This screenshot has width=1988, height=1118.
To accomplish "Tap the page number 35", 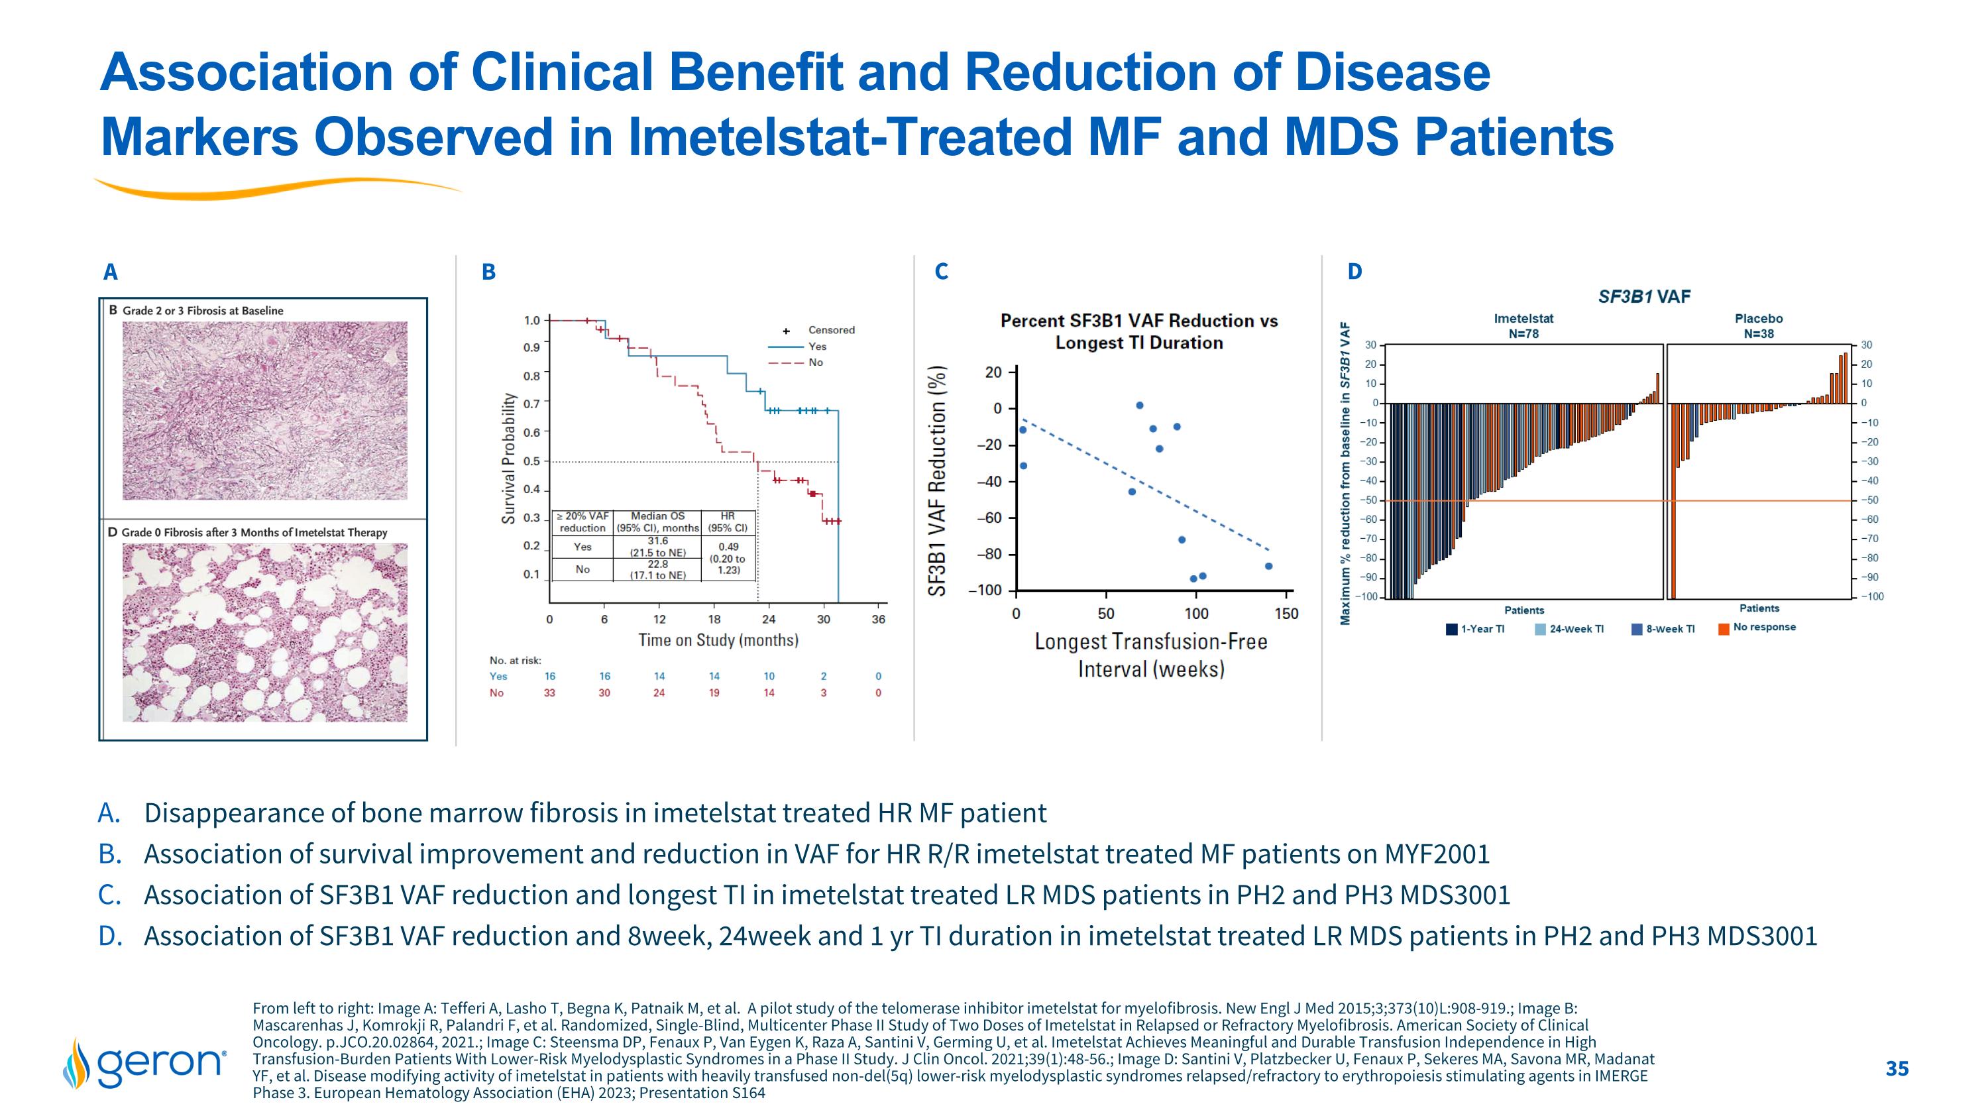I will click(1897, 1068).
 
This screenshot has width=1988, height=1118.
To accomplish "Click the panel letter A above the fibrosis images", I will click(111, 272).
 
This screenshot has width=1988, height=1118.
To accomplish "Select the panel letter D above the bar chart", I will click(1354, 272).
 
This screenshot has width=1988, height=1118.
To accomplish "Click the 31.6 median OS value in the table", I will click(657, 541).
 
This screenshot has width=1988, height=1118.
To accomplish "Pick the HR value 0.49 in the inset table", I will click(728, 547).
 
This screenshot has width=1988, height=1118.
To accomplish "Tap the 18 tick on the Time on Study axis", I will click(714, 620).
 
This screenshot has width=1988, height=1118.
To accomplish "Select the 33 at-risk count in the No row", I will click(549, 693).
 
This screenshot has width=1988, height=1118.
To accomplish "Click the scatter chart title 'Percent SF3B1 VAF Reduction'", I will click(1138, 321).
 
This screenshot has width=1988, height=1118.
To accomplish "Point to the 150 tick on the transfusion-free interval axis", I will click(1286, 614).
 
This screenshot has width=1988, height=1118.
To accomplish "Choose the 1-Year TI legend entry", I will click(1476, 629).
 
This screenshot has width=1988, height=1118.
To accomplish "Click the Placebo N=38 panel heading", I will click(1759, 325).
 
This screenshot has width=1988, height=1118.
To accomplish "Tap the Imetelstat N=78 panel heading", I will click(1523, 325).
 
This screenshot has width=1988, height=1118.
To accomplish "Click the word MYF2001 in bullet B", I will click(1437, 854).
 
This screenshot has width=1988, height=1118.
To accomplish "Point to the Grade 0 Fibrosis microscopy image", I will click(264, 632).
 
